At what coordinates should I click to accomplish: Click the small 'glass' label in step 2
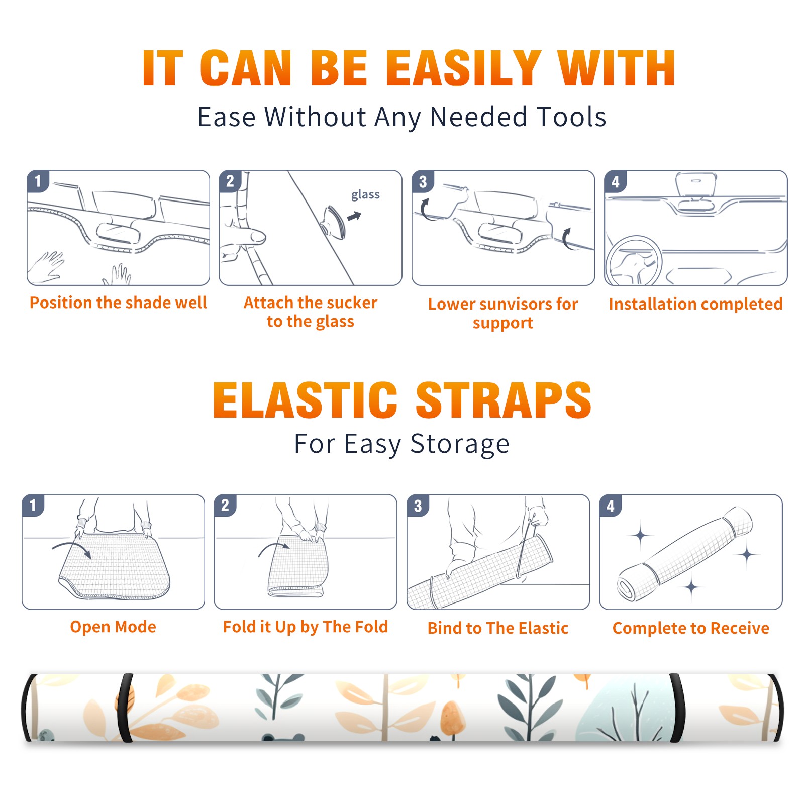365,195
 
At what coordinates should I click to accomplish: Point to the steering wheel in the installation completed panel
634,261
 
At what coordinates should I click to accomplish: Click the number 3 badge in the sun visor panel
422,181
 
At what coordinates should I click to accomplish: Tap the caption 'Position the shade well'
118,303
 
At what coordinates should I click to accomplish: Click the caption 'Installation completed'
695,304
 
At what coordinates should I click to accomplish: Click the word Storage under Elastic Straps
460,444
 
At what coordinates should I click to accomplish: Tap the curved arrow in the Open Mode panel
72,549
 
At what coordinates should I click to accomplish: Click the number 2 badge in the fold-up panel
225,506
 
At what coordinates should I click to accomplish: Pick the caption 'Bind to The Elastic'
498,628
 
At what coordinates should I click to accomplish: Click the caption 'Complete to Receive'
691,628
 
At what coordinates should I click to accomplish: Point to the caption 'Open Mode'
113,627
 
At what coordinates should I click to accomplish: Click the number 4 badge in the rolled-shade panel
611,506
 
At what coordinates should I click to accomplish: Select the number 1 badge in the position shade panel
38,181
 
